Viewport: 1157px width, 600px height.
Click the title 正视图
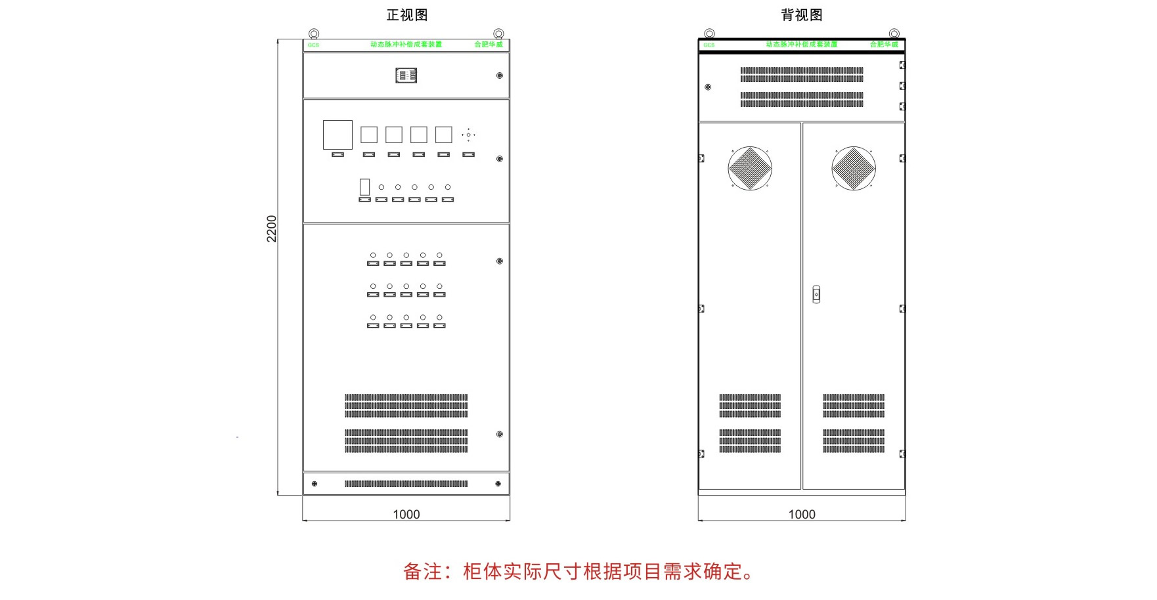[407, 15]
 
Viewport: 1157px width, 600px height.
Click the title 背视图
[802, 15]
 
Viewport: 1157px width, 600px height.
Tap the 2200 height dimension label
[272, 228]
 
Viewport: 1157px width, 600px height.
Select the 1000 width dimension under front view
[406, 514]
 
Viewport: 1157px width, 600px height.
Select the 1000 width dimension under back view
[802, 514]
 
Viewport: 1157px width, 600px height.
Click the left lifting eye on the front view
[314, 33]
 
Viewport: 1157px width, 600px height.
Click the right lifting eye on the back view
[894, 33]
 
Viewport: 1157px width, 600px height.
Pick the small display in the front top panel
[406, 75]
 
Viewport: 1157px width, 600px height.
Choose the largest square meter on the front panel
[338, 135]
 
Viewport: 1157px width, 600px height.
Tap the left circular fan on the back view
[750, 168]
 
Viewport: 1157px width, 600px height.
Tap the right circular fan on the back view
[854, 168]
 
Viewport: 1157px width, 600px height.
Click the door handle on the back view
[816, 294]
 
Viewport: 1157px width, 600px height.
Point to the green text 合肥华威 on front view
[489, 45]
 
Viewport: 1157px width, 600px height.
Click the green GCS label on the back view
[709, 45]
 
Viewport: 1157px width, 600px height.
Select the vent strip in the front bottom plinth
[406, 484]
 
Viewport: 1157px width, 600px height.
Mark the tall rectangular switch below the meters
[364, 187]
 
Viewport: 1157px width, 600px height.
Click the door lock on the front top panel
[500, 75]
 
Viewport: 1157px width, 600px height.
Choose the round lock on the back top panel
[708, 87]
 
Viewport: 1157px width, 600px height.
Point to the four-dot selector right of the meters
[468, 135]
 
